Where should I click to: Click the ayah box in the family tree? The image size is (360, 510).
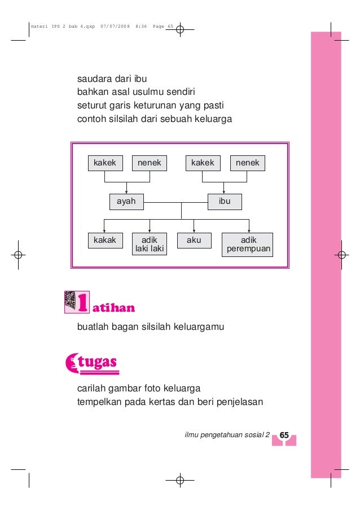(126, 202)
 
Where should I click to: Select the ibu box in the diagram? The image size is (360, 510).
(225, 202)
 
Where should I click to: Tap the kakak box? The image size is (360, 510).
(105, 241)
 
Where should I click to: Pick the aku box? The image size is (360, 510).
(194, 241)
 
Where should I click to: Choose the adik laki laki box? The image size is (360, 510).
(150, 244)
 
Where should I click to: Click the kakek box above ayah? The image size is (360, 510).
(105, 163)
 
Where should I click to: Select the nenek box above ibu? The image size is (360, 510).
(248, 163)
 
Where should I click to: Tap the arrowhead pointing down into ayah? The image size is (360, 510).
(126, 192)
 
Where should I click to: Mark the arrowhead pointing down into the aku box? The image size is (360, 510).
(194, 230)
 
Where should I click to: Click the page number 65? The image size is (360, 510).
(284, 435)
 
